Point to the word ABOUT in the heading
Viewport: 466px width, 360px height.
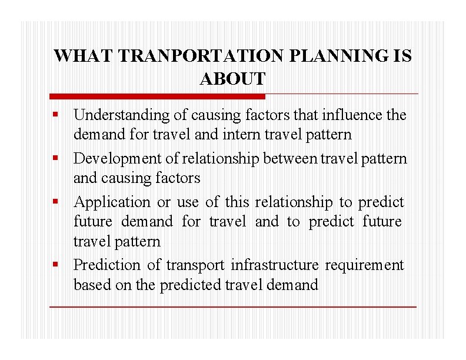point(232,78)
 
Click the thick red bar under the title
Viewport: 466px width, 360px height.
point(157,96)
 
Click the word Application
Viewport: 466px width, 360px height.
point(112,202)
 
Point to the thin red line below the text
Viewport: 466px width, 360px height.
point(232,307)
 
